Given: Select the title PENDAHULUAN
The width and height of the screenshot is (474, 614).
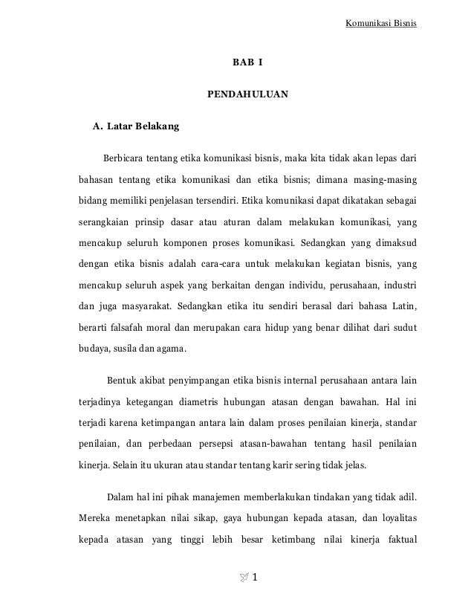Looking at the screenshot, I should (x=247, y=94).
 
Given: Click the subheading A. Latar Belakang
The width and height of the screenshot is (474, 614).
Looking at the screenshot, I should (x=135, y=127).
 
